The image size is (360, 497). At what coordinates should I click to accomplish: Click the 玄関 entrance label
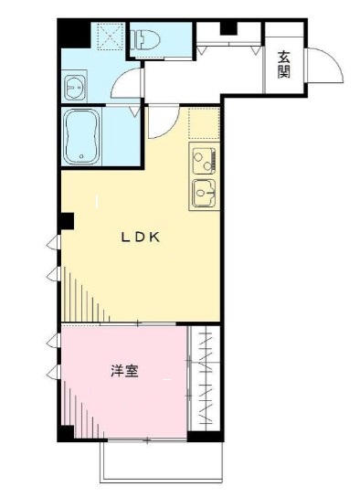click(284, 64)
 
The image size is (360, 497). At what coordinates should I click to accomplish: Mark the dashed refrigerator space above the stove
click(206, 124)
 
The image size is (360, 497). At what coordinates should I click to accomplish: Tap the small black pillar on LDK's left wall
click(67, 220)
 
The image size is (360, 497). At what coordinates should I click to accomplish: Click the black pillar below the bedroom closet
click(203, 435)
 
